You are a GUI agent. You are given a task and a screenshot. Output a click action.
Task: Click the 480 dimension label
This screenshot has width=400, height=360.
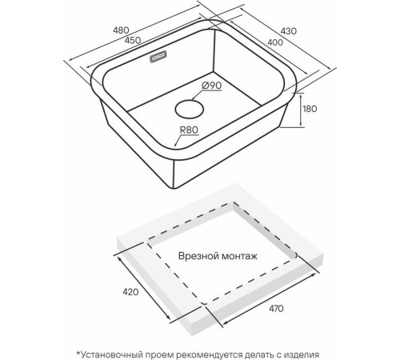coord(121,30)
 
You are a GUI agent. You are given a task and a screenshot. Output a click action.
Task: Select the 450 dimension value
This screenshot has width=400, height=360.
coord(133,40)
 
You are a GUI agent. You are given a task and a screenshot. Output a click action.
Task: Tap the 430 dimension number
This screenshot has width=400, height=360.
coord(289,31)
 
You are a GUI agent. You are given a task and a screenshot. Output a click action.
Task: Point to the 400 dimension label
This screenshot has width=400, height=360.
coord(275,42)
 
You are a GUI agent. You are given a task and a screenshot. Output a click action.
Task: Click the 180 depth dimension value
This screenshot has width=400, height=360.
coord(310,109)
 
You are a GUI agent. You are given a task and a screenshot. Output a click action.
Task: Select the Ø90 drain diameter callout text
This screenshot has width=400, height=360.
coord(212,86)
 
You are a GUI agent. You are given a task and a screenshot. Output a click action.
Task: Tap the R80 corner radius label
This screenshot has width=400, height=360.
coord(189,130)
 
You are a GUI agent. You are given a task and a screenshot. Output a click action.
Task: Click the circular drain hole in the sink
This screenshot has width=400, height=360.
coord(190,109)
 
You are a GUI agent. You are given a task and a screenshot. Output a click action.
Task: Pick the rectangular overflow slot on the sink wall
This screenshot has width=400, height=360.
coord(158,57)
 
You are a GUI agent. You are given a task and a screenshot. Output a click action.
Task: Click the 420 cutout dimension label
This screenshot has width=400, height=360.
coord(130,292)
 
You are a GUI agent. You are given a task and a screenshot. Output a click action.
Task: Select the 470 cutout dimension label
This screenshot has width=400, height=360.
coord(276,309)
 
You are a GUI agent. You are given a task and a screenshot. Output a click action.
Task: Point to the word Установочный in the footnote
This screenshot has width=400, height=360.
coord(111,355)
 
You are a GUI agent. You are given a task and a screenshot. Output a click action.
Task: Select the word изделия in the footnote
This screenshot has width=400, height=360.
coord(300,355)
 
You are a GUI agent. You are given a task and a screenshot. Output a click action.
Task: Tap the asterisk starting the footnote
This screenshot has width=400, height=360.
coord(78,354)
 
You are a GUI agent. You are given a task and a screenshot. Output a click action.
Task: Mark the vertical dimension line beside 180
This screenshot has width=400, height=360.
coord(301,110)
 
